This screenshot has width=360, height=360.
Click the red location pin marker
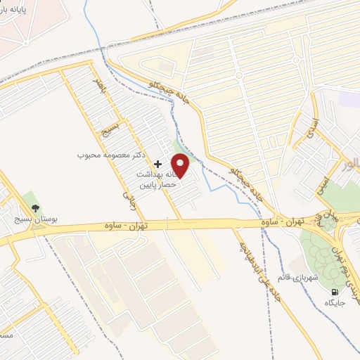coord(181,166)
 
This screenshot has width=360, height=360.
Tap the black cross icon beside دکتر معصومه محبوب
coord(157,164)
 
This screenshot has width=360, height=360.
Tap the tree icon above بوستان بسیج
coord(35,207)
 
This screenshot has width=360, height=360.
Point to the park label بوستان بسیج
coord(36,220)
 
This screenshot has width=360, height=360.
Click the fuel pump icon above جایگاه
coord(335,291)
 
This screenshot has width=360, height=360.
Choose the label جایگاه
coord(335,302)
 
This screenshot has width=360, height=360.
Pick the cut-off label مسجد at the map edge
coord(6,336)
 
